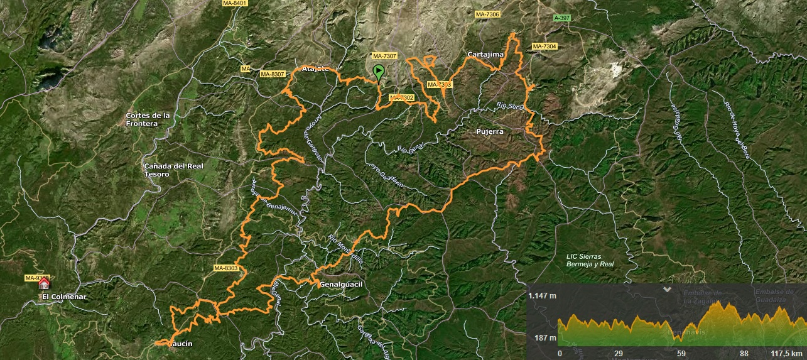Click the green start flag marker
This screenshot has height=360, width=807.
(379, 72)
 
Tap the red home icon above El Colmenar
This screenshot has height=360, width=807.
(44, 284)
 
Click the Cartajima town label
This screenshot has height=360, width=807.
(485, 55)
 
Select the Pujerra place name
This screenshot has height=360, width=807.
(487, 132)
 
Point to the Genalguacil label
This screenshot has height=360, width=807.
(342, 285)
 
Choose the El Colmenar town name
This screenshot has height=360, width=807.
(63, 297)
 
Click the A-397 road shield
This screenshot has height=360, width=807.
(562, 18)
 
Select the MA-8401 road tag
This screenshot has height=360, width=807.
(235, 3)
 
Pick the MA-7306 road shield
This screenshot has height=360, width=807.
(487, 14)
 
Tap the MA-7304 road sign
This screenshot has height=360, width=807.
(544, 46)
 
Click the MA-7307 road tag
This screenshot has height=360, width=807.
(384, 55)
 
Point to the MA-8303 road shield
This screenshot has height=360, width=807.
(225, 268)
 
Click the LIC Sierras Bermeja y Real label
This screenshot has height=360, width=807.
(589, 260)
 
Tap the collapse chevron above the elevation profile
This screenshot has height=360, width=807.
(667, 290)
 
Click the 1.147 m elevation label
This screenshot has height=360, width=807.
(541, 295)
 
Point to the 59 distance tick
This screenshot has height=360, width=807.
(681, 353)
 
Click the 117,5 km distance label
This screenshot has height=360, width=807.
(788, 353)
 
